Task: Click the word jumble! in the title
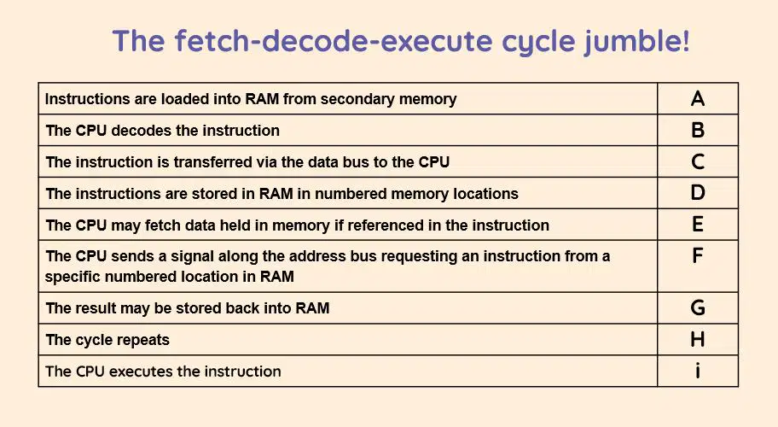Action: click(636, 41)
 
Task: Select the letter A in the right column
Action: click(698, 99)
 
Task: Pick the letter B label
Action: click(698, 130)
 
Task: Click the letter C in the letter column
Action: click(698, 162)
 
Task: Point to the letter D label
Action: click(698, 193)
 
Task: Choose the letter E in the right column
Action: click(698, 225)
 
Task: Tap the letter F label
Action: click(697, 255)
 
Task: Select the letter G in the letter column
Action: click(698, 307)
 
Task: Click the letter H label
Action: click(698, 340)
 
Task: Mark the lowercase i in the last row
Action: click(698, 371)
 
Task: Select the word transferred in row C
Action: click(216, 162)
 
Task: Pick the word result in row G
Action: click(96, 308)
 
